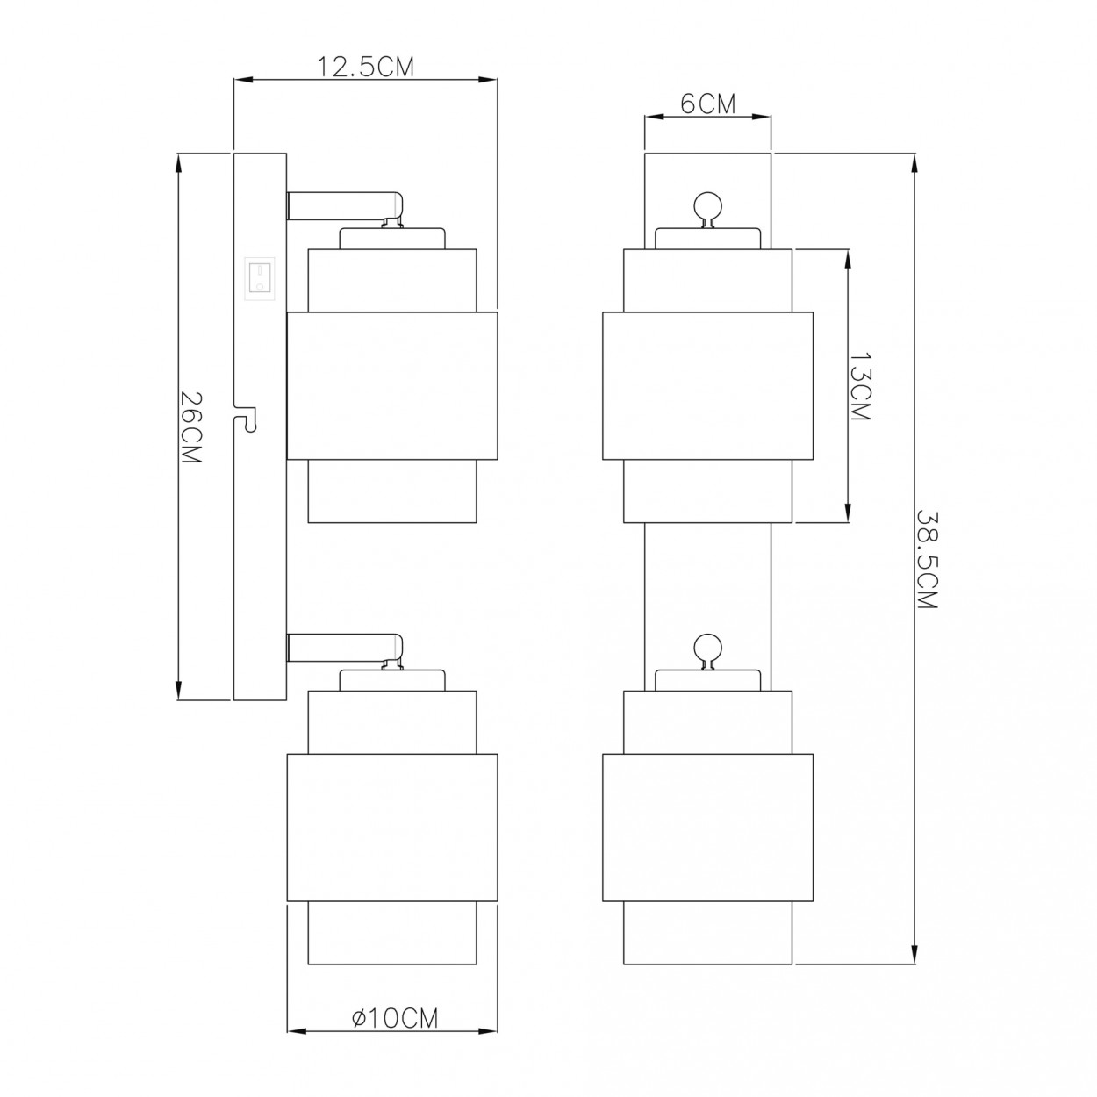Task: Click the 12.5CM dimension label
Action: [365, 68]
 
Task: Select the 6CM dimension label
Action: [707, 104]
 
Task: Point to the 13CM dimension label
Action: [860, 387]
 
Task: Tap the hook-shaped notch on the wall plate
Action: [247, 419]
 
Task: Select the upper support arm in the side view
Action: [343, 205]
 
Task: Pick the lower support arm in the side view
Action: [343, 648]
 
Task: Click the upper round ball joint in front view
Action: [708, 207]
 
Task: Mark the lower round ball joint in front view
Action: [708, 649]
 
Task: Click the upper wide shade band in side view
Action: [392, 385]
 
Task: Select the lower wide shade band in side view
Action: [392, 828]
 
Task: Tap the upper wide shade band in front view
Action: [707, 385]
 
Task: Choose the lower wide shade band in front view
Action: [707, 828]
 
